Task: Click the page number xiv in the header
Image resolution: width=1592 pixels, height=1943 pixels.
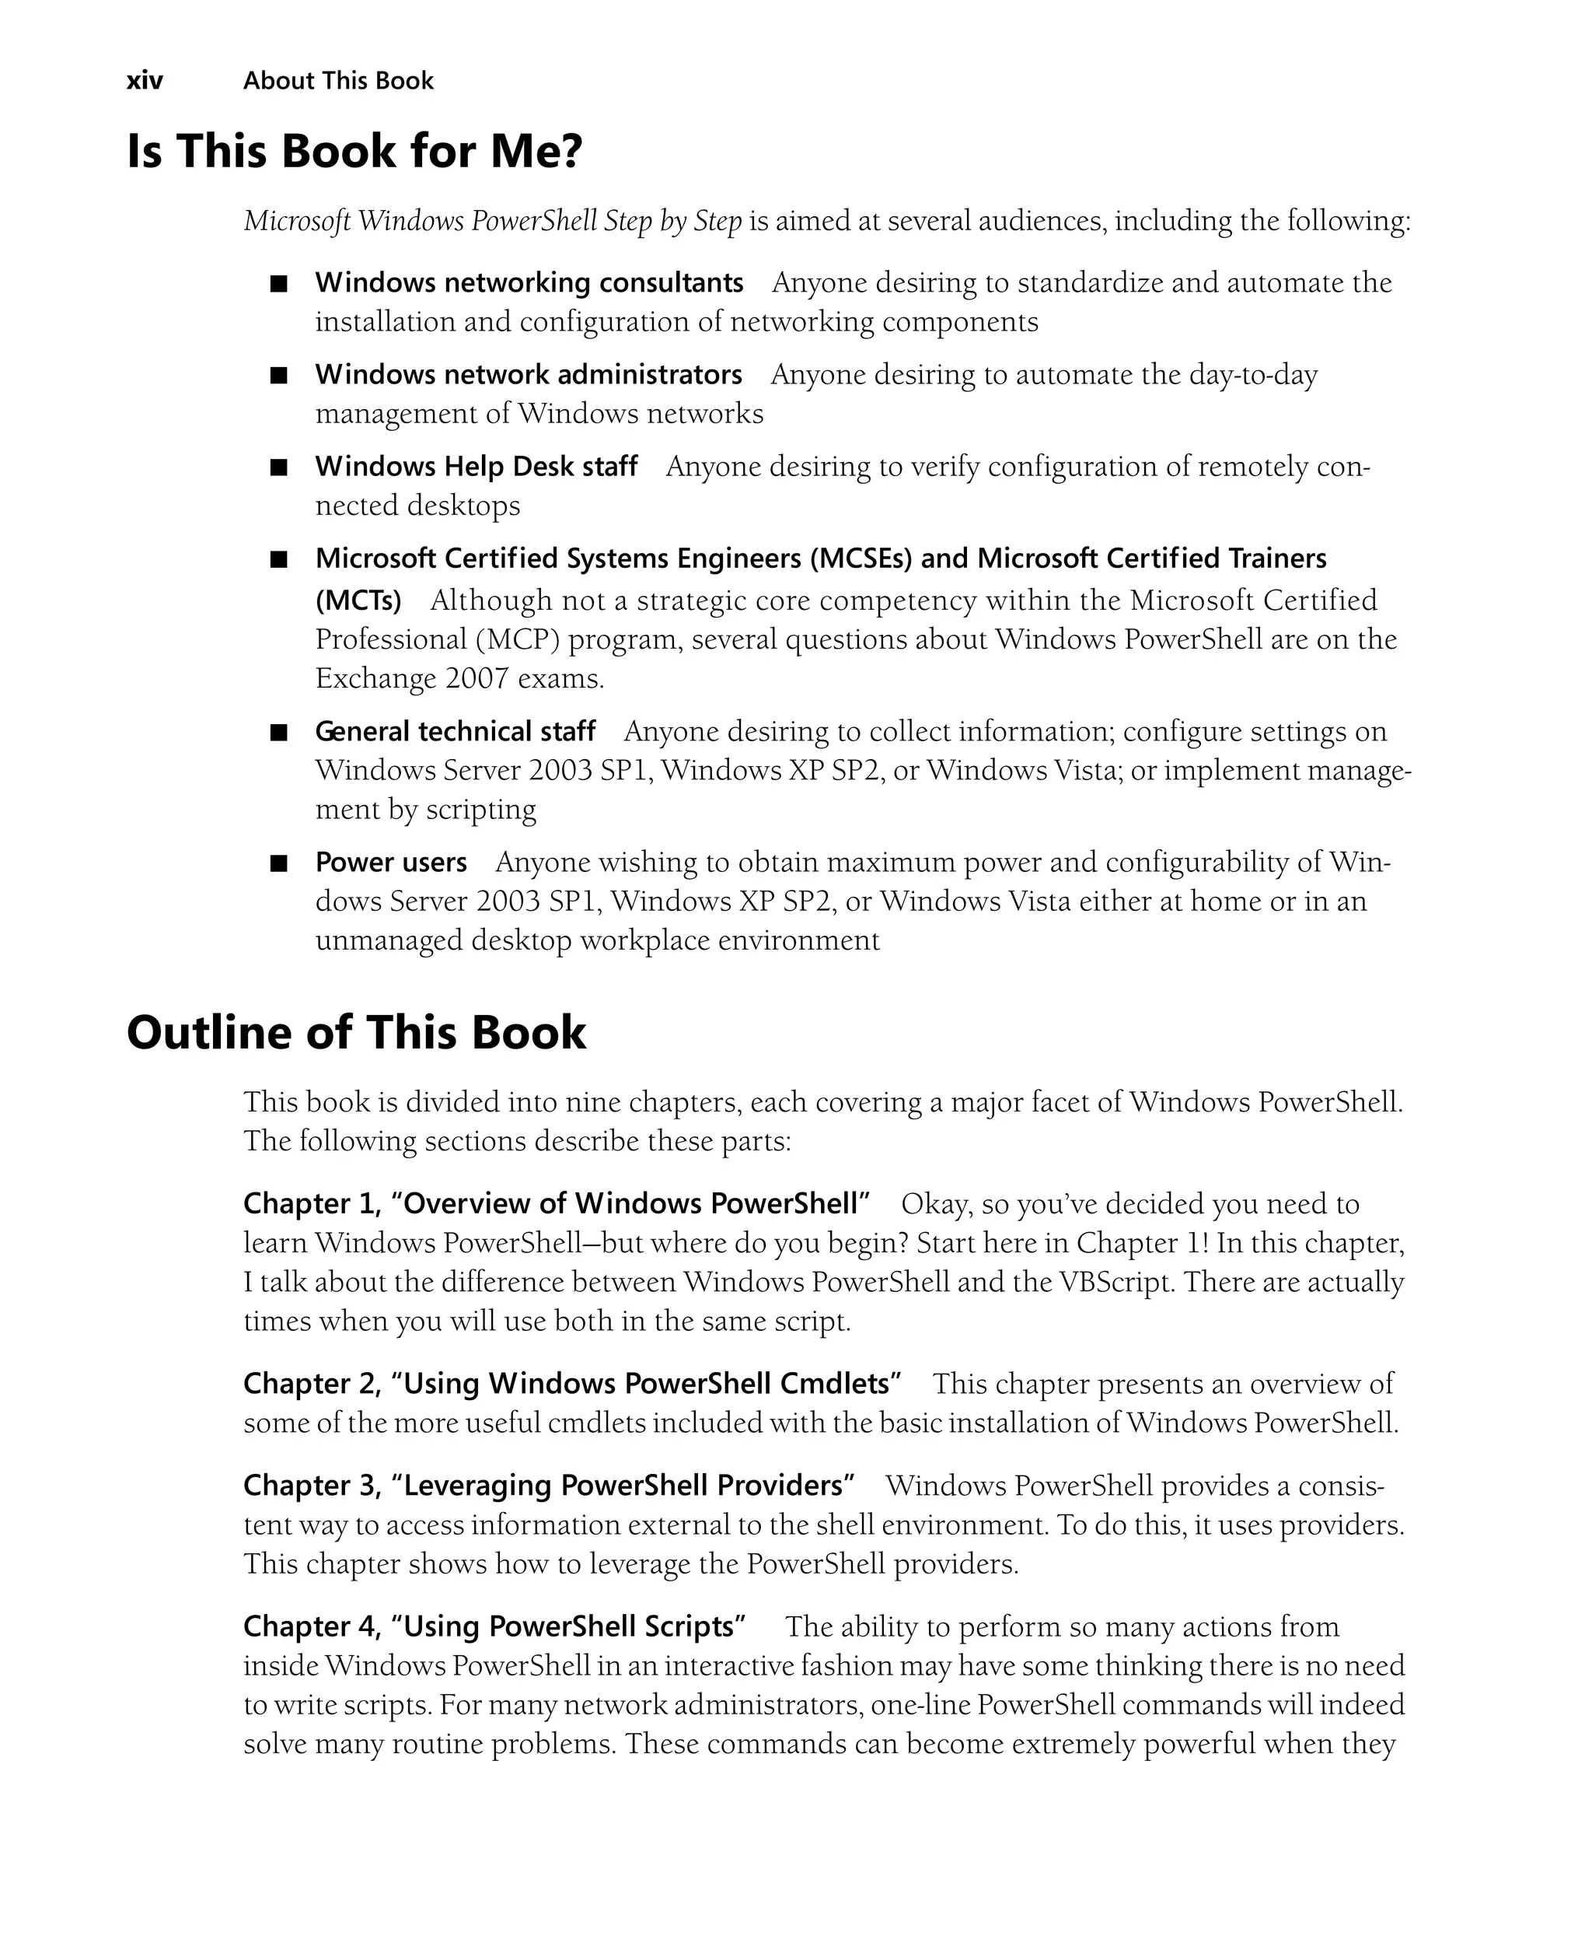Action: [144, 81]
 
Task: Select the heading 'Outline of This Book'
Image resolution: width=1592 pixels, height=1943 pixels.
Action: [356, 1032]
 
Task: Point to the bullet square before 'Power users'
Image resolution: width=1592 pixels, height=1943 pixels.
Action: [279, 863]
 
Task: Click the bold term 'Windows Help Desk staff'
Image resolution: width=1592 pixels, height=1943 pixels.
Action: [476, 466]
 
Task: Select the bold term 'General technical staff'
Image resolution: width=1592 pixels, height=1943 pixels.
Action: [455, 731]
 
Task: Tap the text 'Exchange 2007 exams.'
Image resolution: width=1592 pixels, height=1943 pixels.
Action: [459, 678]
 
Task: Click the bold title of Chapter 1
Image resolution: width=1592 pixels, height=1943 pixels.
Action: [556, 1203]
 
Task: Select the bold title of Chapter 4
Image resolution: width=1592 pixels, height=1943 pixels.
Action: [494, 1626]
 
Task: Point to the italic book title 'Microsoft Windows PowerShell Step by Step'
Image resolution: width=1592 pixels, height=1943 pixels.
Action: [493, 221]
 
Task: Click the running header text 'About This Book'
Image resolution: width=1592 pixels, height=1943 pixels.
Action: [337, 81]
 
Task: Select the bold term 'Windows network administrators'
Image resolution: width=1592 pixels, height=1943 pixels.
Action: [529, 374]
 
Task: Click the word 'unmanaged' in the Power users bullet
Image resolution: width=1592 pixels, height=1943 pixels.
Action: [389, 940]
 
